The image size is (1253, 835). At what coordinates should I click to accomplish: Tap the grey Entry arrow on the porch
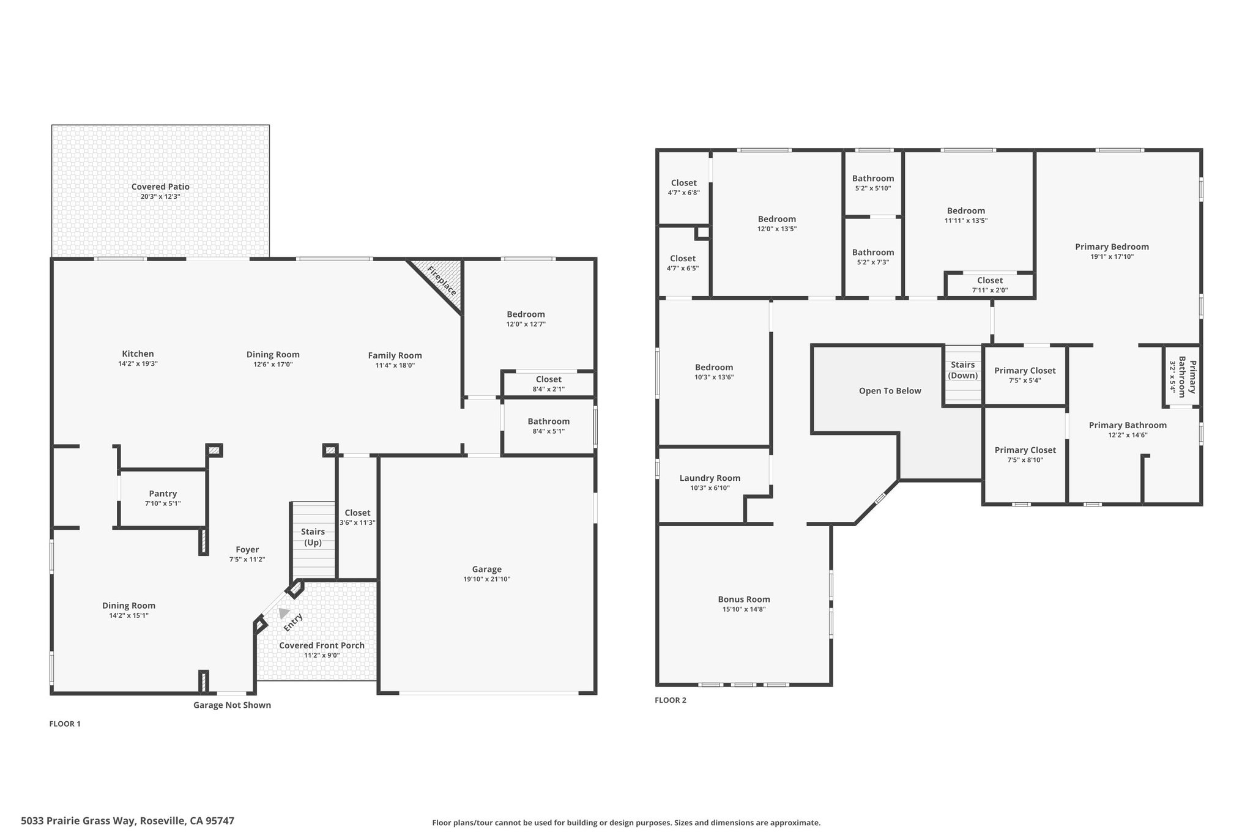click(284, 613)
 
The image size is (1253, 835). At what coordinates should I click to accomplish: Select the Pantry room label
click(163, 494)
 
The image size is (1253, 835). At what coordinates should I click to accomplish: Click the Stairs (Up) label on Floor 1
click(313, 537)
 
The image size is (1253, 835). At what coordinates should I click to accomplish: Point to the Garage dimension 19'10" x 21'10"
click(487, 579)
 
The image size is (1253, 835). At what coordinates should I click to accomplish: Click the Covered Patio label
click(160, 187)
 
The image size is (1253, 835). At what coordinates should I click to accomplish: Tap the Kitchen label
click(138, 354)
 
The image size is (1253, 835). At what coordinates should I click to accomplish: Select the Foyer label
click(247, 549)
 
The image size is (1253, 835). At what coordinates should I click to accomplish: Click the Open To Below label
click(890, 391)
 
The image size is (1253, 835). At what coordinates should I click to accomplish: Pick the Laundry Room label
click(710, 478)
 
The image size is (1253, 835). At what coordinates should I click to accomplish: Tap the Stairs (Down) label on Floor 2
click(963, 370)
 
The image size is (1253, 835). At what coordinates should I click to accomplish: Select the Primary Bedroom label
click(1112, 247)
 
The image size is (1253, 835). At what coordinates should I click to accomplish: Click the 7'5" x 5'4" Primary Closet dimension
click(1025, 380)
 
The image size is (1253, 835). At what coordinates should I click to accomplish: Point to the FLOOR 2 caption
click(671, 700)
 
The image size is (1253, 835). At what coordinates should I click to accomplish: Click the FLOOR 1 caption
click(65, 724)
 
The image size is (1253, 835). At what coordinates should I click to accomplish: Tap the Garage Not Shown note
click(232, 705)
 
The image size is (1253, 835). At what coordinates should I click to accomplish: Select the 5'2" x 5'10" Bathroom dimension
click(873, 188)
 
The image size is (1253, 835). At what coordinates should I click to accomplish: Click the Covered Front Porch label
click(322, 645)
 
